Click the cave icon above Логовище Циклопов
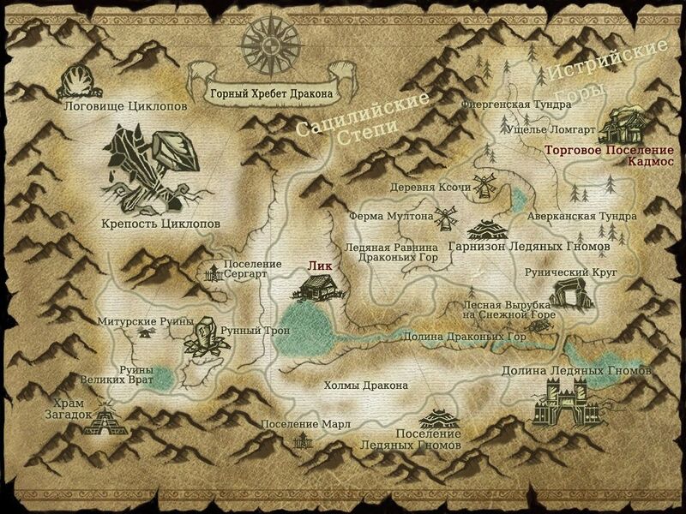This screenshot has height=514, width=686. point(75,81)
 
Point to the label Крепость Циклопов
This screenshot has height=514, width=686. point(162,224)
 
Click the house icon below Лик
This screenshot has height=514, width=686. point(310,289)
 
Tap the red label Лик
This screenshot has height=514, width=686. point(319,267)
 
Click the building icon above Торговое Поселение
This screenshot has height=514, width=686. point(623,126)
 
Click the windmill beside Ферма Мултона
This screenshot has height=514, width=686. point(446,218)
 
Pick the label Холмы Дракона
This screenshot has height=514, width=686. point(366,385)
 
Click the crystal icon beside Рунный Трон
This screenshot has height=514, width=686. point(203,337)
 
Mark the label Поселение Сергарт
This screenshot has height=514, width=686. point(251,270)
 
